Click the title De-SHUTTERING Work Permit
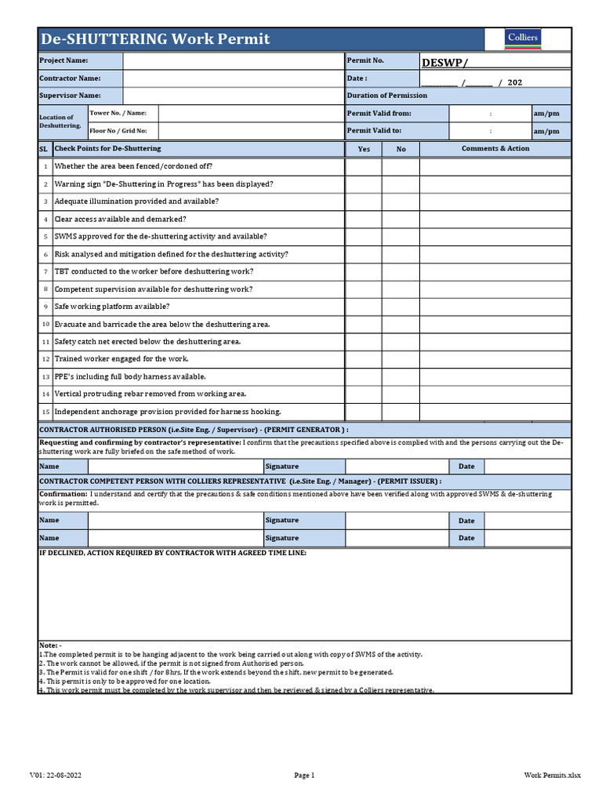click(x=155, y=39)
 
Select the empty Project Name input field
click(x=233, y=61)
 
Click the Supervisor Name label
click(x=71, y=96)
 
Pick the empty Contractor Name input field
click(x=233, y=78)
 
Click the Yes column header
click(x=364, y=149)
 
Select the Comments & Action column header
click(x=495, y=149)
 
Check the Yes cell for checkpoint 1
click(x=364, y=166)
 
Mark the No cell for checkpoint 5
click(x=401, y=237)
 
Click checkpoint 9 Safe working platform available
click(x=111, y=307)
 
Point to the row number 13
click(x=45, y=377)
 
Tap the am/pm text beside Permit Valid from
click(x=546, y=114)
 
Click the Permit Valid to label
click(x=374, y=131)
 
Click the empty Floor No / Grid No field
click(x=250, y=131)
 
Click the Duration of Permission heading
click(x=387, y=96)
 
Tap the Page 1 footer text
click(x=304, y=776)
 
